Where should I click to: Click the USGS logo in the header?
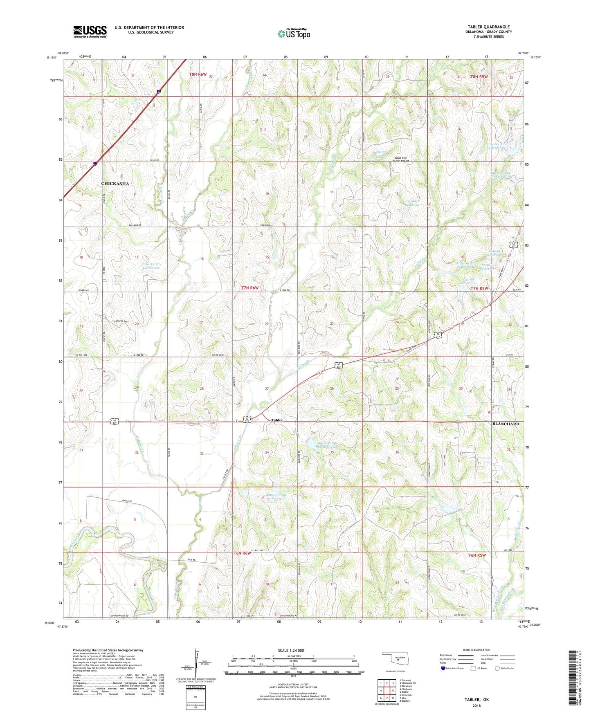90,31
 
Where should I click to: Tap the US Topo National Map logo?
294,34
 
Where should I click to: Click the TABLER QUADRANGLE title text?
488,27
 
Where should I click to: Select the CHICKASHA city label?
115,184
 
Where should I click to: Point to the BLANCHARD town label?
506,424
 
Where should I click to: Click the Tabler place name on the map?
277,420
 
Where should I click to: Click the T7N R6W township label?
250,288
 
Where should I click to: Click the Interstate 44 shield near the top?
158,93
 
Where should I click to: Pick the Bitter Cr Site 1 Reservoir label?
151,266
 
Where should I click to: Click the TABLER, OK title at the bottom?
476,700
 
